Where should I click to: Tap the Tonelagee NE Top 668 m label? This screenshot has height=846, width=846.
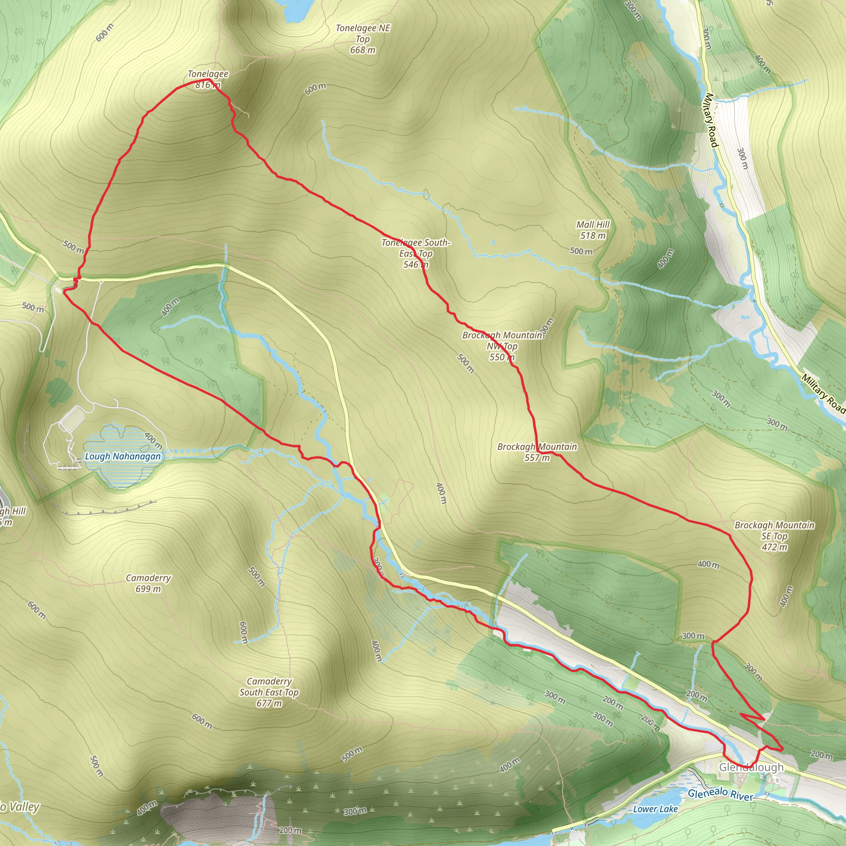(363, 39)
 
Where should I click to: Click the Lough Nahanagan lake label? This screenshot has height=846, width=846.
(123, 456)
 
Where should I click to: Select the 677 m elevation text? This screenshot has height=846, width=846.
(269, 703)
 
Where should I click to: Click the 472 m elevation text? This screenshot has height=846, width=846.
(774, 547)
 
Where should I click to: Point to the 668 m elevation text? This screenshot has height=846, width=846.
(363, 50)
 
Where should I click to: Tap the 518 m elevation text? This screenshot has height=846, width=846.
(593, 235)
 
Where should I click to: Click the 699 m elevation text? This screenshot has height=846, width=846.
(148, 589)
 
